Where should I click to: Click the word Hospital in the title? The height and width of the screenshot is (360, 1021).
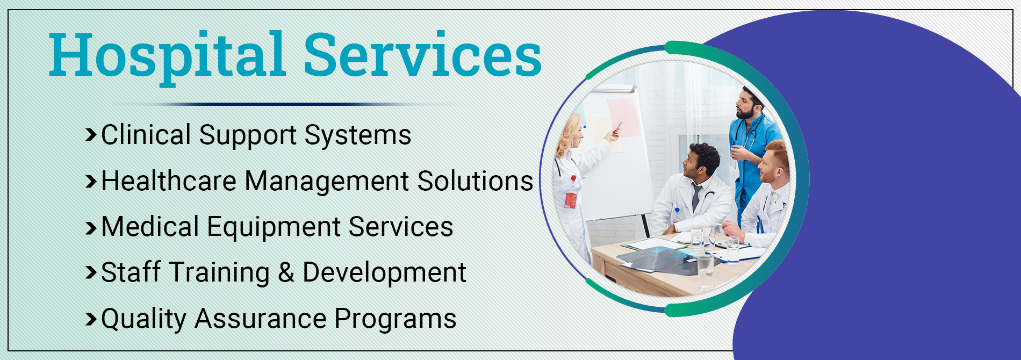click(167, 56)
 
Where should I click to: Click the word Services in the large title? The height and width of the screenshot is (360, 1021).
click(422, 54)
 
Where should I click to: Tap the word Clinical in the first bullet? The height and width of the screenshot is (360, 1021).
click(146, 134)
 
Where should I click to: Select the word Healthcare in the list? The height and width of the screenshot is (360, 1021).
click(169, 181)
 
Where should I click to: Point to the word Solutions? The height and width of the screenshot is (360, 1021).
click(475, 181)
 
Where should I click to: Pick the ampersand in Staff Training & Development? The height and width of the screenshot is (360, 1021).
click(286, 272)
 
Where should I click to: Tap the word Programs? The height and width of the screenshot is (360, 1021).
click(396, 320)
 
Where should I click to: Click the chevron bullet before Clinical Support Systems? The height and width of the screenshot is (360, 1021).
click(91, 135)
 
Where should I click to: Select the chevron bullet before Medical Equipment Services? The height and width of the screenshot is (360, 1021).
click(91, 227)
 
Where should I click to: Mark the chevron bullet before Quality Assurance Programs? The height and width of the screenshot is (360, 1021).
click(91, 319)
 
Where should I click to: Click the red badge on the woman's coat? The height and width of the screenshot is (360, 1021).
click(570, 200)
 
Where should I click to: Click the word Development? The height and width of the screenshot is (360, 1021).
click(384, 273)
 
